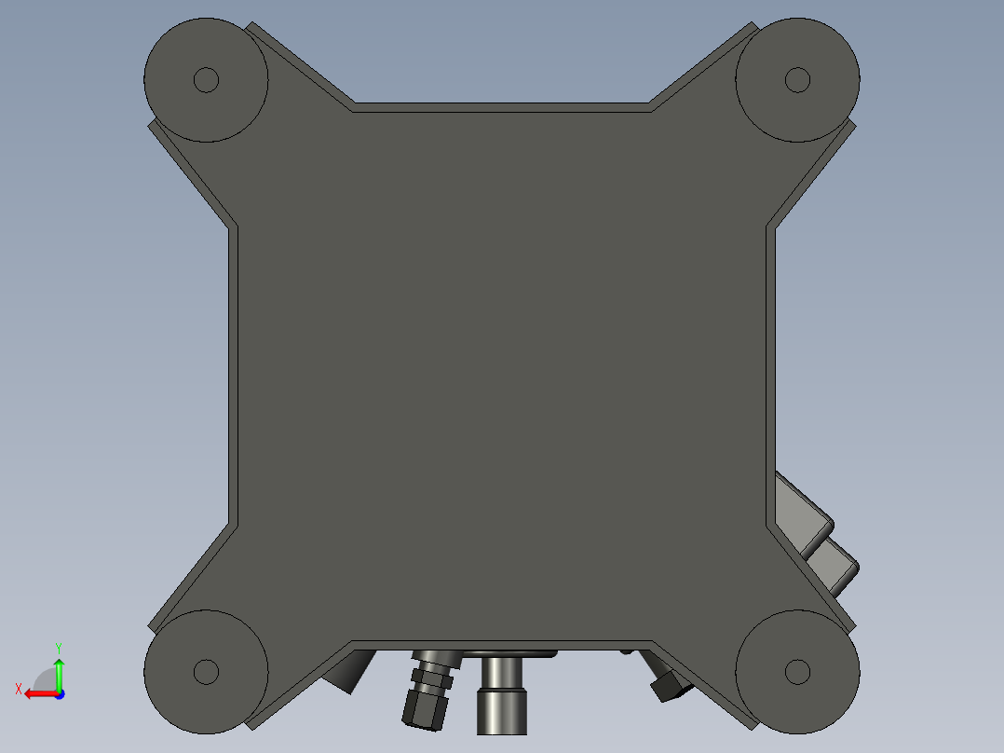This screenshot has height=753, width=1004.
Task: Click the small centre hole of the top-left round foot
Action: click(206, 80)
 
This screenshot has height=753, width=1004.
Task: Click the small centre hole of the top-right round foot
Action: click(797, 80)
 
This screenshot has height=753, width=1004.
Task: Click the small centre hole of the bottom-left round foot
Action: click(206, 672)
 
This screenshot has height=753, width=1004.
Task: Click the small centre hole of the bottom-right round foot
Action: click(797, 672)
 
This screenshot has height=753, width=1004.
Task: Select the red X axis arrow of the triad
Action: click(41, 694)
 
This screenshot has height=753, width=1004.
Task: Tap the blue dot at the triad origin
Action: click(60, 694)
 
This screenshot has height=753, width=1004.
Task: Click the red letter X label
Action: click(19, 690)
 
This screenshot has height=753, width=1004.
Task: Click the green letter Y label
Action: click(59, 649)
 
